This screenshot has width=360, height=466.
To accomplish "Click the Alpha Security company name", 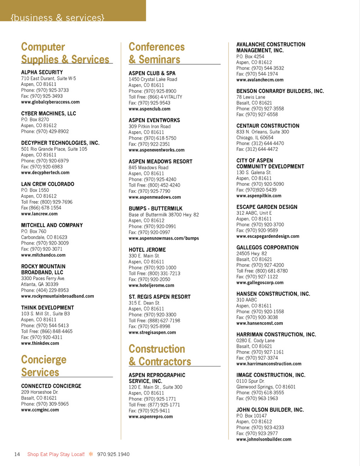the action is (x=42, y=72).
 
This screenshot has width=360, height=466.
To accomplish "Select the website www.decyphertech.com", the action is (x=45, y=173).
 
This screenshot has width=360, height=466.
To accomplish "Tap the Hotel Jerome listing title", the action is (x=147, y=250).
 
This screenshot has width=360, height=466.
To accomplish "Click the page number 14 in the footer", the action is (x=17, y=454).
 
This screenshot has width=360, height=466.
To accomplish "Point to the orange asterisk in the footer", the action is (x=91, y=454).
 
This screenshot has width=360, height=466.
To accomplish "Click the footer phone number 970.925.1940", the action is (x=113, y=454).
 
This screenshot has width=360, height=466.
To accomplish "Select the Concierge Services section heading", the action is (x=43, y=366).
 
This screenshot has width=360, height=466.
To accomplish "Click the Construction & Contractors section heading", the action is (x=160, y=355).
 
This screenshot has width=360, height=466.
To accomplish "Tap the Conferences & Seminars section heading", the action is (x=156, y=53).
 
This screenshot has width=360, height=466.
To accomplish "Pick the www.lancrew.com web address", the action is (x=39, y=214).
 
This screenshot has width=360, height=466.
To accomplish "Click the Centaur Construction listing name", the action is (x=268, y=126).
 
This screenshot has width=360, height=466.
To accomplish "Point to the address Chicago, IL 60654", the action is (x=255, y=138).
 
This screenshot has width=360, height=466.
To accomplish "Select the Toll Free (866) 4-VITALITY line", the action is (x=155, y=97).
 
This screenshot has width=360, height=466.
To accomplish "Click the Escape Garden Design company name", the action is (x=267, y=207).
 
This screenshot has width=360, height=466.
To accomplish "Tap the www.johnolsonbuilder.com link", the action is (x=264, y=439).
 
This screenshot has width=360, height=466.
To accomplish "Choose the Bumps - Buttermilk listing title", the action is (x=156, y=209).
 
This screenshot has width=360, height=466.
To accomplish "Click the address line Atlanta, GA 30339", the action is (x=40, y=284).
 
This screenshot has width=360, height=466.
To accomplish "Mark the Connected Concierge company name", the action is (x=51, y=386).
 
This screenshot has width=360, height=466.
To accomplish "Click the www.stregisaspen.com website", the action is (x=152, y=332).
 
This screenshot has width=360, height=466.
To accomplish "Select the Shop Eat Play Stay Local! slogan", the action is (x=56, y=454).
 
